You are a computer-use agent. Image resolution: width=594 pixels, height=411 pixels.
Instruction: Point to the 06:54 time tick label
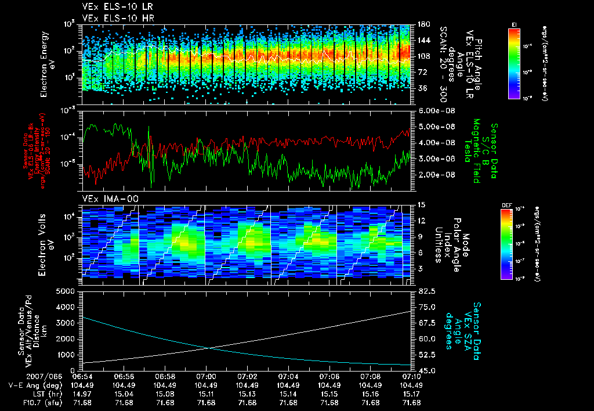pos(83,376)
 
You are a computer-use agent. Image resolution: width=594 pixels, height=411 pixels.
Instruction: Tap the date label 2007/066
pos(23,376)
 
